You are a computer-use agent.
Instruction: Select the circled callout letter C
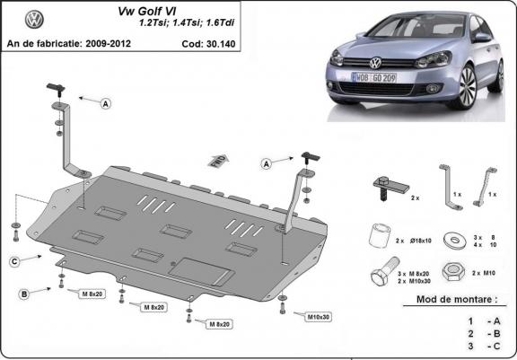[x=15, y=261]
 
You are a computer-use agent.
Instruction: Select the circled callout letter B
[x=25, y=294]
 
